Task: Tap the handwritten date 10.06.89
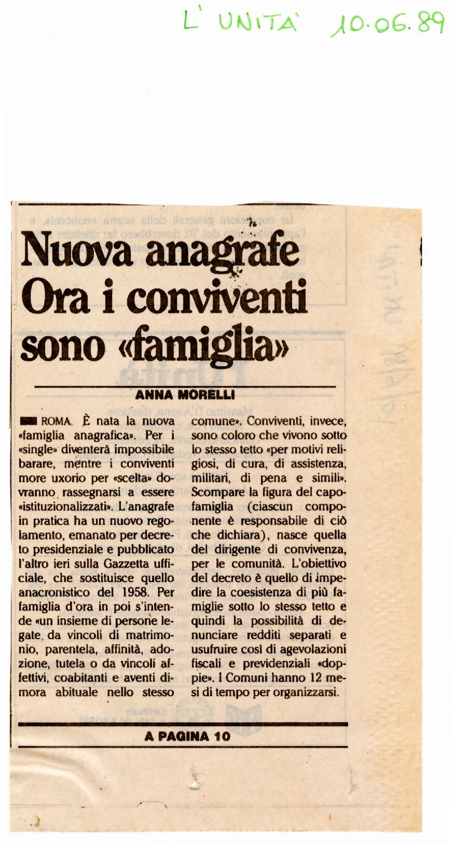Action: point(388,23)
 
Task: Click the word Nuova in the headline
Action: point(76,251)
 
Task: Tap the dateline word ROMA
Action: point(56,421)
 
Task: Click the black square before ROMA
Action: point(28,421)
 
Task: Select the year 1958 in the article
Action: point(136,592)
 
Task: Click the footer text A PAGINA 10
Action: point(187,736)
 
